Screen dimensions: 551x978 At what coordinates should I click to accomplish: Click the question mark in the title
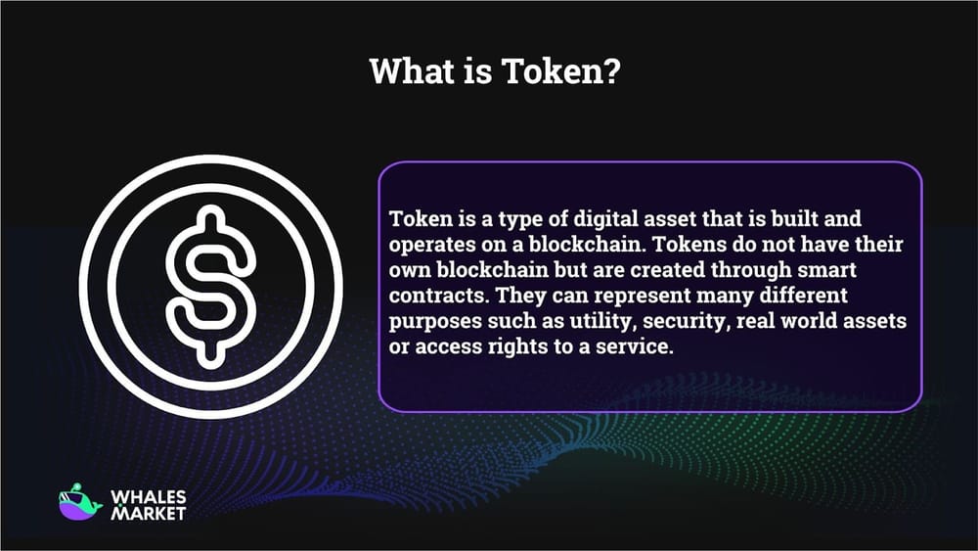point(612,72)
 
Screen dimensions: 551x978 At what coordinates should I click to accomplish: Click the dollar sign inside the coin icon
point(210,287)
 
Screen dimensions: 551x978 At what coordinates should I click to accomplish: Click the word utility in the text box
point(564,322)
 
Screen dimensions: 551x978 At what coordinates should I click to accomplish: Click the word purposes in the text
point(429,322)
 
